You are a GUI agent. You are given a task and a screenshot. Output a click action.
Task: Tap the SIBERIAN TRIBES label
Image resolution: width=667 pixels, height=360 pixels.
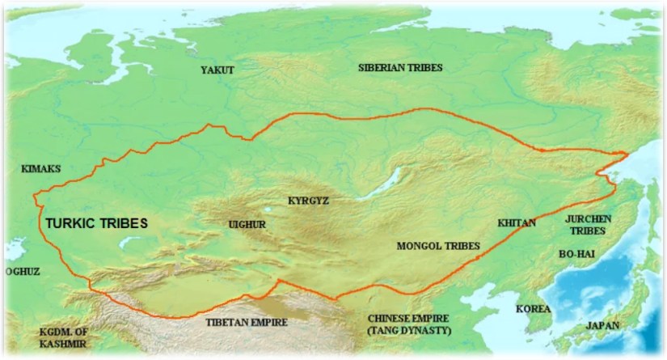click(405, 68)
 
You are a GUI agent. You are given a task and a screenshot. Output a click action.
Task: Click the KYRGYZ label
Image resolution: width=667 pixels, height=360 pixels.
click(309, 199)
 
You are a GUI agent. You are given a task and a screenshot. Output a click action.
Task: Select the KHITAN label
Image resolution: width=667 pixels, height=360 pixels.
click(517, 222)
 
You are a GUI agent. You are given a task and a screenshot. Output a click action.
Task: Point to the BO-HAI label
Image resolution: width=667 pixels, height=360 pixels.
click(577, 253)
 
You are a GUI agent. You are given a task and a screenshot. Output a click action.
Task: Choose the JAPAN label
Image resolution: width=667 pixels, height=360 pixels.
click(603, 325)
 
